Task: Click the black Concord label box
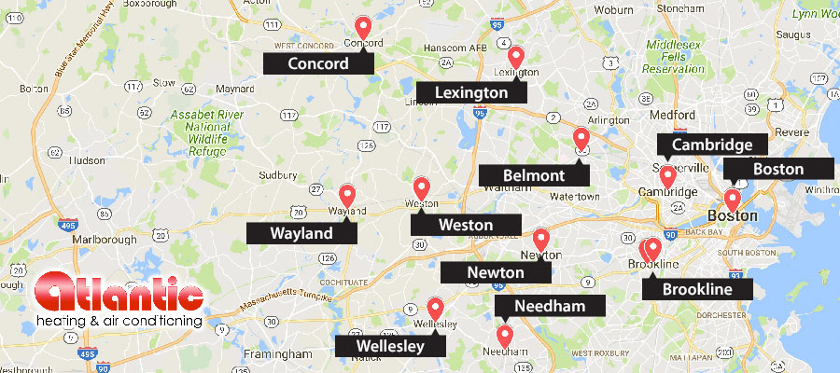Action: pyautogui.click(x=318, y=63)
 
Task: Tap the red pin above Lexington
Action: pyautogui.click(x=515, y=57)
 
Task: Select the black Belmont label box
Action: pyautogui.click(x=534, y=175)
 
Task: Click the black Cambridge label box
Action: pyautogui.click(x=712, y=145)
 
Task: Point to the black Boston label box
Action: pyautogui.click(x=778, y=169)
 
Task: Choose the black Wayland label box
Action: pyautogui.click(x=301, y=232)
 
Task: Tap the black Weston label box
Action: pyautogui.click(x=466, y=225)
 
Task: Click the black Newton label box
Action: pyautogui.click(x=496, y=271)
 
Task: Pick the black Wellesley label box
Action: pyautogui.click(x=389, y=346)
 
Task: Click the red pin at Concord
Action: pyautogui.click(x=364, y=28)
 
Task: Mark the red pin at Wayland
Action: pyautogui.click(x=347, y=195)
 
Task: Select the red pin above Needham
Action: pyautogui.click(x=505, y=335)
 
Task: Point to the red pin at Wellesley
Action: pyautogui.click(x=435, y=308)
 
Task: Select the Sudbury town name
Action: pyautogui.click(x=277, y=174)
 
